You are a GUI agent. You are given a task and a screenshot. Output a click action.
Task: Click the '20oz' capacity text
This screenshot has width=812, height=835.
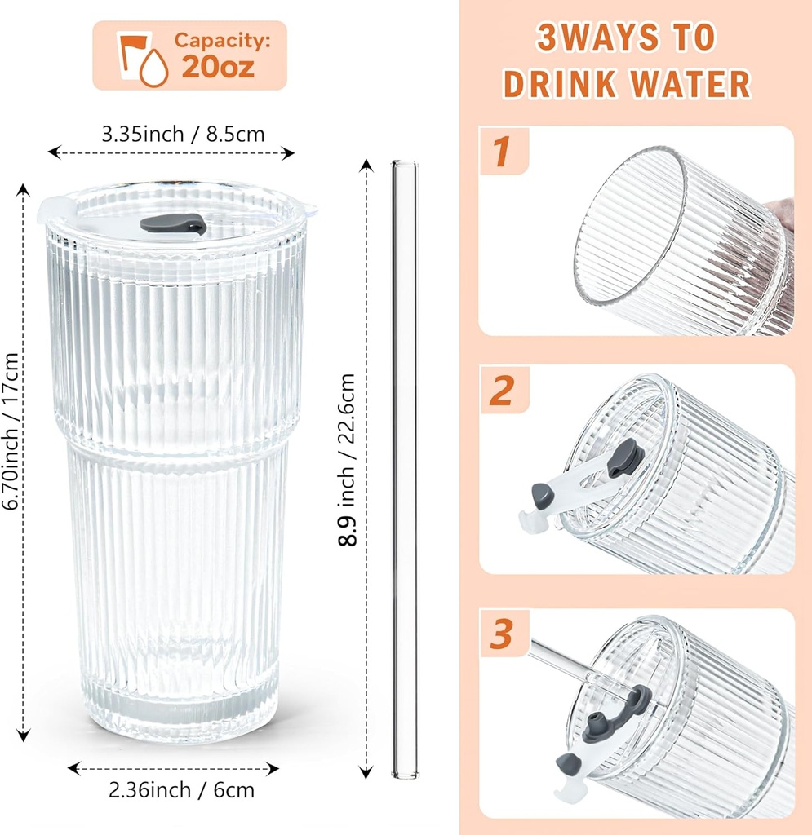[x=218, y=67]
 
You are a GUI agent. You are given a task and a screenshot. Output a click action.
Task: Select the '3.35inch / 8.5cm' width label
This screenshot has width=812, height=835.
[x=183, y=134]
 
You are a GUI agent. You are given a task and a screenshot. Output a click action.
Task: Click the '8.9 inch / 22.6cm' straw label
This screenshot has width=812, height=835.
[x=348, y=460]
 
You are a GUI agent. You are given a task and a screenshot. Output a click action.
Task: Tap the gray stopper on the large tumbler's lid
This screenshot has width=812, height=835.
[x=172, y=223]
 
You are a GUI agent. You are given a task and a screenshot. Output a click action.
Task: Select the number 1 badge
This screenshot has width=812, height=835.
[x=501, y=152]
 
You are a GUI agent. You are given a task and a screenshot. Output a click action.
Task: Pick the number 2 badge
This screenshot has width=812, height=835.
[x=501, y=391]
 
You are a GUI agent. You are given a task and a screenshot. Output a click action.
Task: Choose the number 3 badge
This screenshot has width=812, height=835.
[x=501, y=634]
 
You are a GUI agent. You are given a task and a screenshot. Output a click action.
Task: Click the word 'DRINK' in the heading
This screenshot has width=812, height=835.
[x=562, y=83]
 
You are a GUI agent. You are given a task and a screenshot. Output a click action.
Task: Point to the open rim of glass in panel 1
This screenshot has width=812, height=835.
[x=628, y=228]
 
